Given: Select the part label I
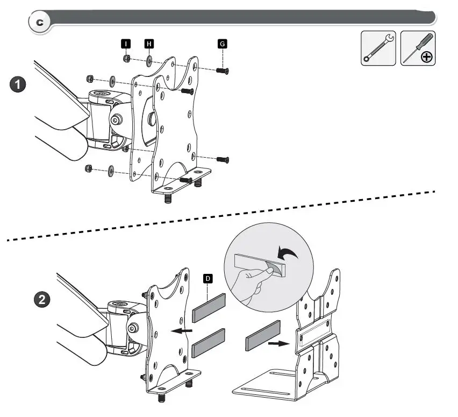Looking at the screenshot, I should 126,43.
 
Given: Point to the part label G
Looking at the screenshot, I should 222,43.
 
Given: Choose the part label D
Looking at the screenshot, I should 207,278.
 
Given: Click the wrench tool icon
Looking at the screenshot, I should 378,48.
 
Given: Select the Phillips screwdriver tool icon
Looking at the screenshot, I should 418,48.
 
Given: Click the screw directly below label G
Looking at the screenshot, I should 222,70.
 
